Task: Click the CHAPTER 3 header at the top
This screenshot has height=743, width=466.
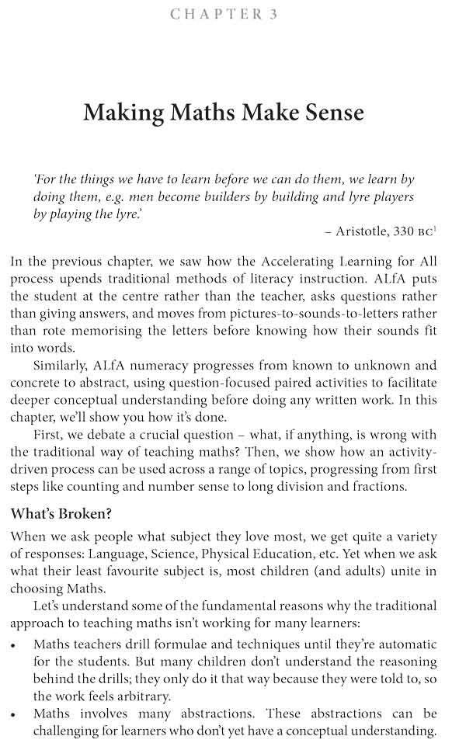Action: tap(224, 15)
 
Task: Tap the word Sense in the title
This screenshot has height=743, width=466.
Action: tap(329, 113)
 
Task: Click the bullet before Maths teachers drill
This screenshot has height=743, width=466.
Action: tap(15, 644)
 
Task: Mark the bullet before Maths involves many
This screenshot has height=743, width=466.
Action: tap(15, 713)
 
